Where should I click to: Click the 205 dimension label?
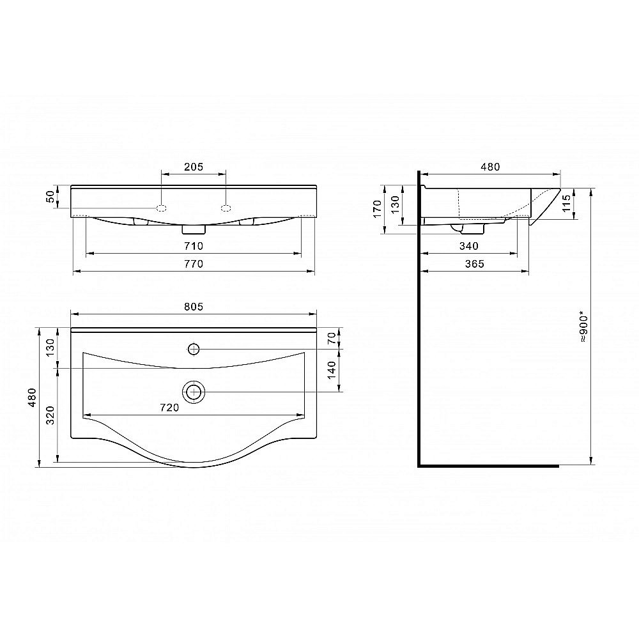[194, 167]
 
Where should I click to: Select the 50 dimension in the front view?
[50, 197]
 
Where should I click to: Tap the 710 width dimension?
[194, 246]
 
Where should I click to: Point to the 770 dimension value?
[194, 264]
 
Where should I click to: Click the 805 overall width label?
[194, 307]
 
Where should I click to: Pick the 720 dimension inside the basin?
[169, 408]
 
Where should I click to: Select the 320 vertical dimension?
[50, 415]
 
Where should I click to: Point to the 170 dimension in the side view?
[378, 209]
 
